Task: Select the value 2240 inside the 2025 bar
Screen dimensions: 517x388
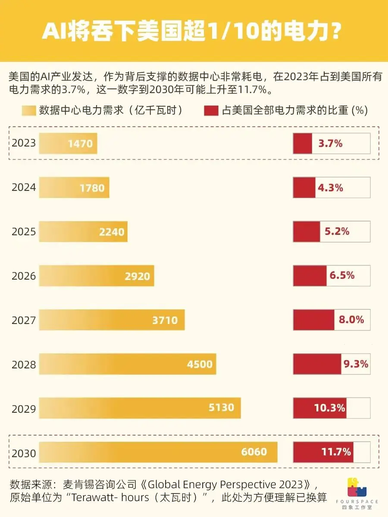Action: pyautogui.click(x=112, y=232)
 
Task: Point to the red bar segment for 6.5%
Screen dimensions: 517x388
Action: pyautogui.click(x=310, y=276)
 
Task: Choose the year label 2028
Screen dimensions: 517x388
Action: pyautogui.click(x=24, y=364)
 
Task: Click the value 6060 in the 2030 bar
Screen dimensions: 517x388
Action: pyautogui.click(x=254, y=452)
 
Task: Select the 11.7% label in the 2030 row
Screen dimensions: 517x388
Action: pyautogui.click(x=336, y=452)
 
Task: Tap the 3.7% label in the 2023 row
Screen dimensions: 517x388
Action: pyautogui.click(x=330, y=143)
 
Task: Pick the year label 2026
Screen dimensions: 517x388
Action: pyautogui.click(x=24, y=276)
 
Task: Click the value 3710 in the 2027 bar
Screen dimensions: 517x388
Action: pyautogui.click(x=165, y=320)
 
